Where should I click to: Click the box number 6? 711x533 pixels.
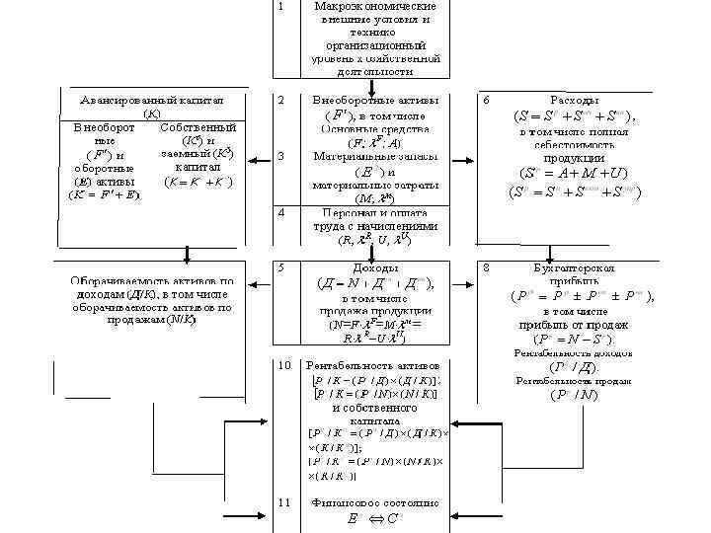pyautogui.click(x=485, y=101)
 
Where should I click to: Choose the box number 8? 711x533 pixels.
pyautogui.click(x=485, y=267)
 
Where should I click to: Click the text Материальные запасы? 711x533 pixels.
pyautogui.click(x=368, y=156)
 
